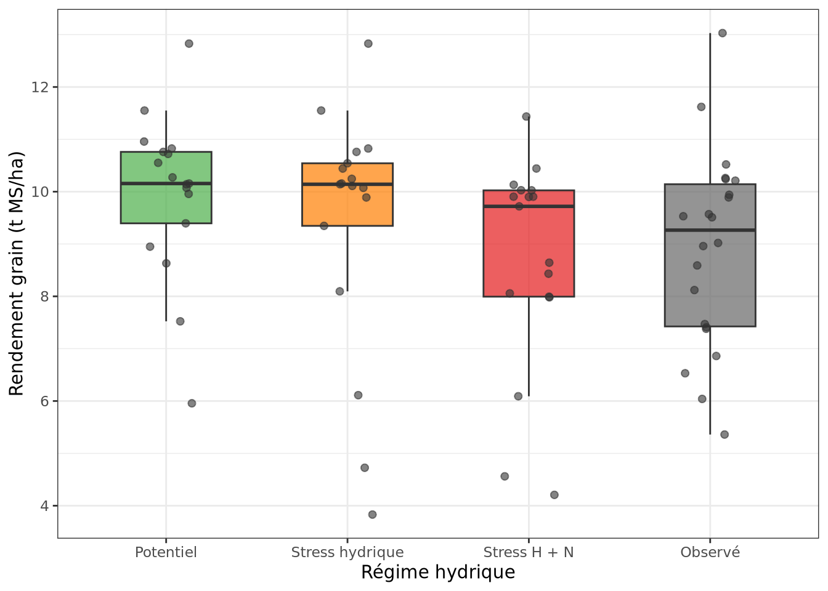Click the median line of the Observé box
(710, 230)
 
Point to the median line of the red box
(528, 206)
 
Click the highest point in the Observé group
(722, 33)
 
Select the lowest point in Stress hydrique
(372, 515)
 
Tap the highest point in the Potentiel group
(189, 44)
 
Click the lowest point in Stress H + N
(554, 495)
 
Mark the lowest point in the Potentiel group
(192, 403)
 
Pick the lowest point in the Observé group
(724, 435)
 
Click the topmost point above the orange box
(368, 44)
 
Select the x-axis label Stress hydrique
(347, 552)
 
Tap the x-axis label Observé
(710, 552)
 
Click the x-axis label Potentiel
(166, 552)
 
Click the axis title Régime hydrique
(437, 573)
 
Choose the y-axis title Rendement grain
(17, 273)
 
